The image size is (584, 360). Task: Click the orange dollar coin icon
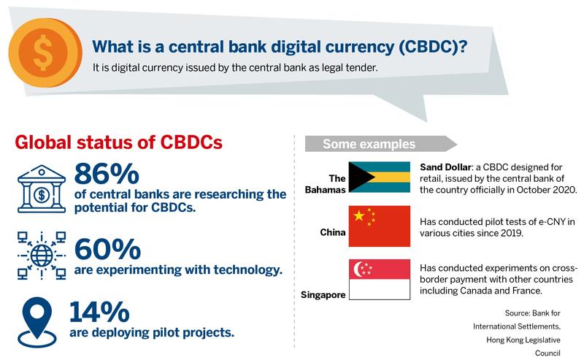point(45,52)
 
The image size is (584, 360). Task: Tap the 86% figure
point(107,174)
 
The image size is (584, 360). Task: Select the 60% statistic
point(107,249)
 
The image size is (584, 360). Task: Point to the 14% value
point(99,312)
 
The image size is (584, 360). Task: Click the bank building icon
point(42,189)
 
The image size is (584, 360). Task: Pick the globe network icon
point(42,256)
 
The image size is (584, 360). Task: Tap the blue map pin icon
point(37,322)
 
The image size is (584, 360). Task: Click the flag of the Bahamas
point(379,177)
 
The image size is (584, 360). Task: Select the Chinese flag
point(379,226)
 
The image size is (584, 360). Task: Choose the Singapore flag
point(379,280)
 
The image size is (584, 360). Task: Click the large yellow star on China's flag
point(359,215)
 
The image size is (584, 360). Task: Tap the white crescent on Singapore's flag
point(358,269)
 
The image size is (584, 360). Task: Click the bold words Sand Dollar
point(445,167)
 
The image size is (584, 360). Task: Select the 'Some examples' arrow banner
point(380,144)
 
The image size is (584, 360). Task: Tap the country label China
point(333,232)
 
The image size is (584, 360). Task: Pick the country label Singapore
point(323,295)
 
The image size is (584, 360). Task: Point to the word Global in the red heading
point(43,142)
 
